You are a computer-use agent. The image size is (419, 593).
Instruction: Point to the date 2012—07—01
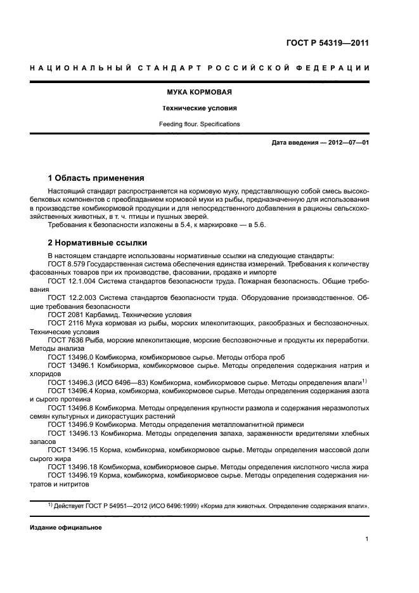(x=346, y=143)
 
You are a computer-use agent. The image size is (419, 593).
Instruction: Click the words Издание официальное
(x=66, y=528)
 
